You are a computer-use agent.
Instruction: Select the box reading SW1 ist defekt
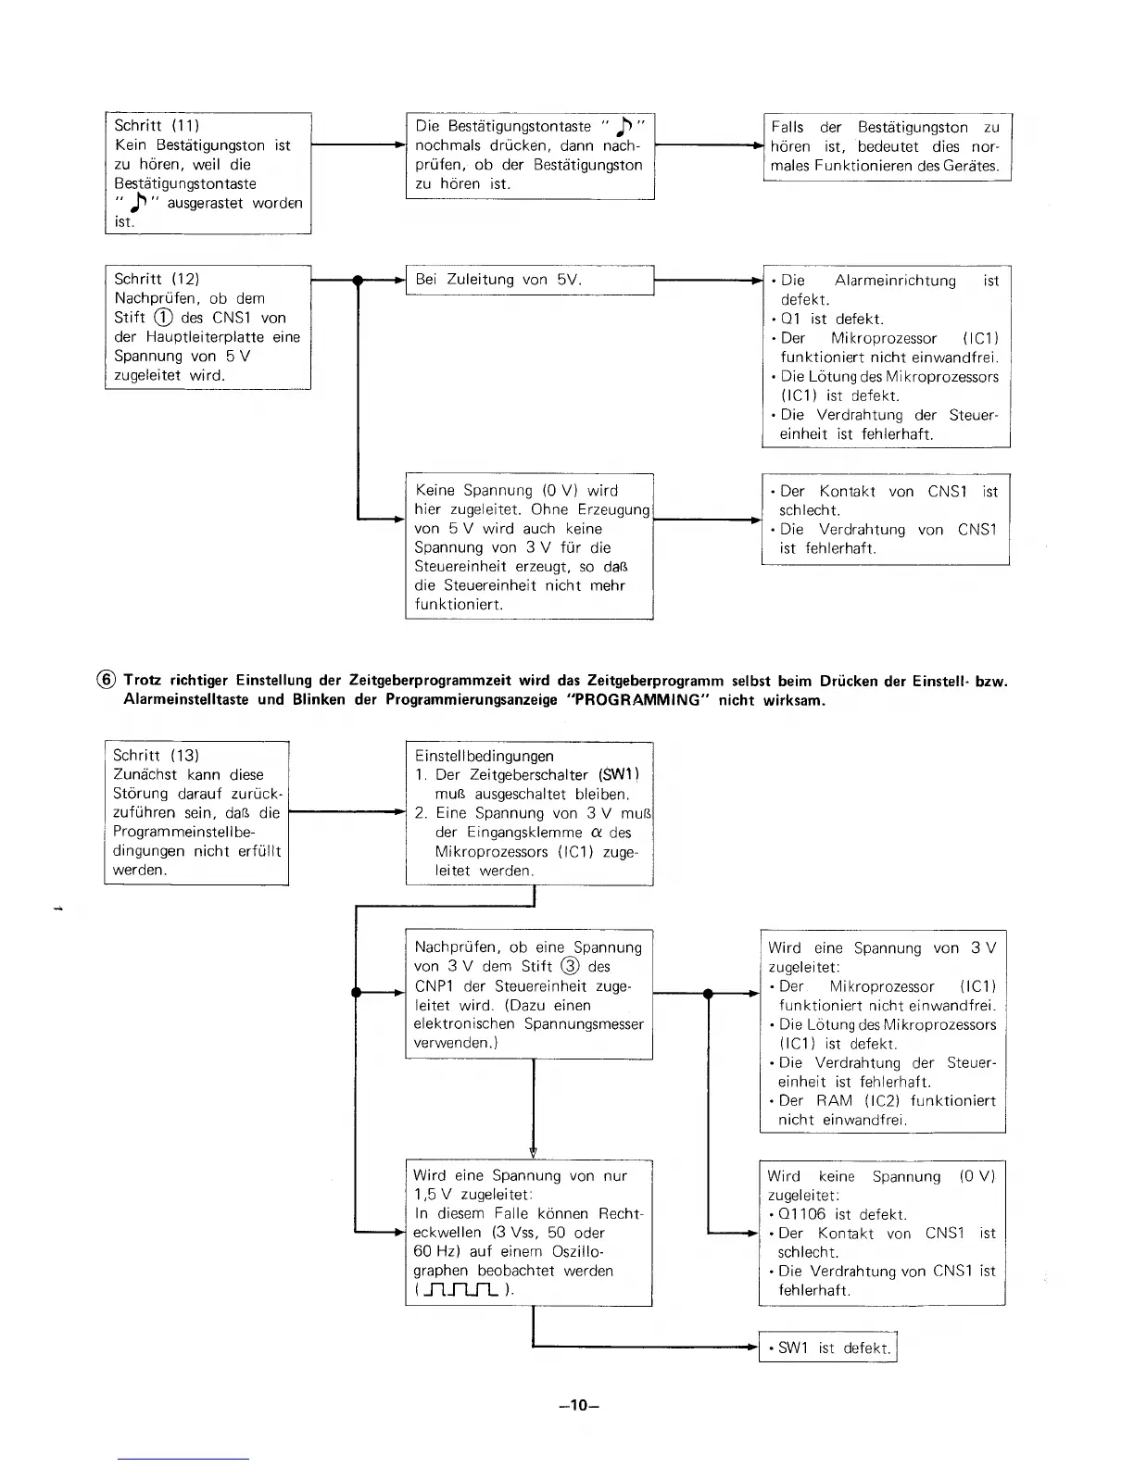point(828,1348)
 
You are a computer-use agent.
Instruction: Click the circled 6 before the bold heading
point(107,681)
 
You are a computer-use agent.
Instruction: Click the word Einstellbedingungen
point(485,757)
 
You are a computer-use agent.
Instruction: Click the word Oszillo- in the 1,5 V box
point(584,1252)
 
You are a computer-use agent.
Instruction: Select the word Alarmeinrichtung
point(895,281)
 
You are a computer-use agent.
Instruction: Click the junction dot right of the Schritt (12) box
point(357,280)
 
